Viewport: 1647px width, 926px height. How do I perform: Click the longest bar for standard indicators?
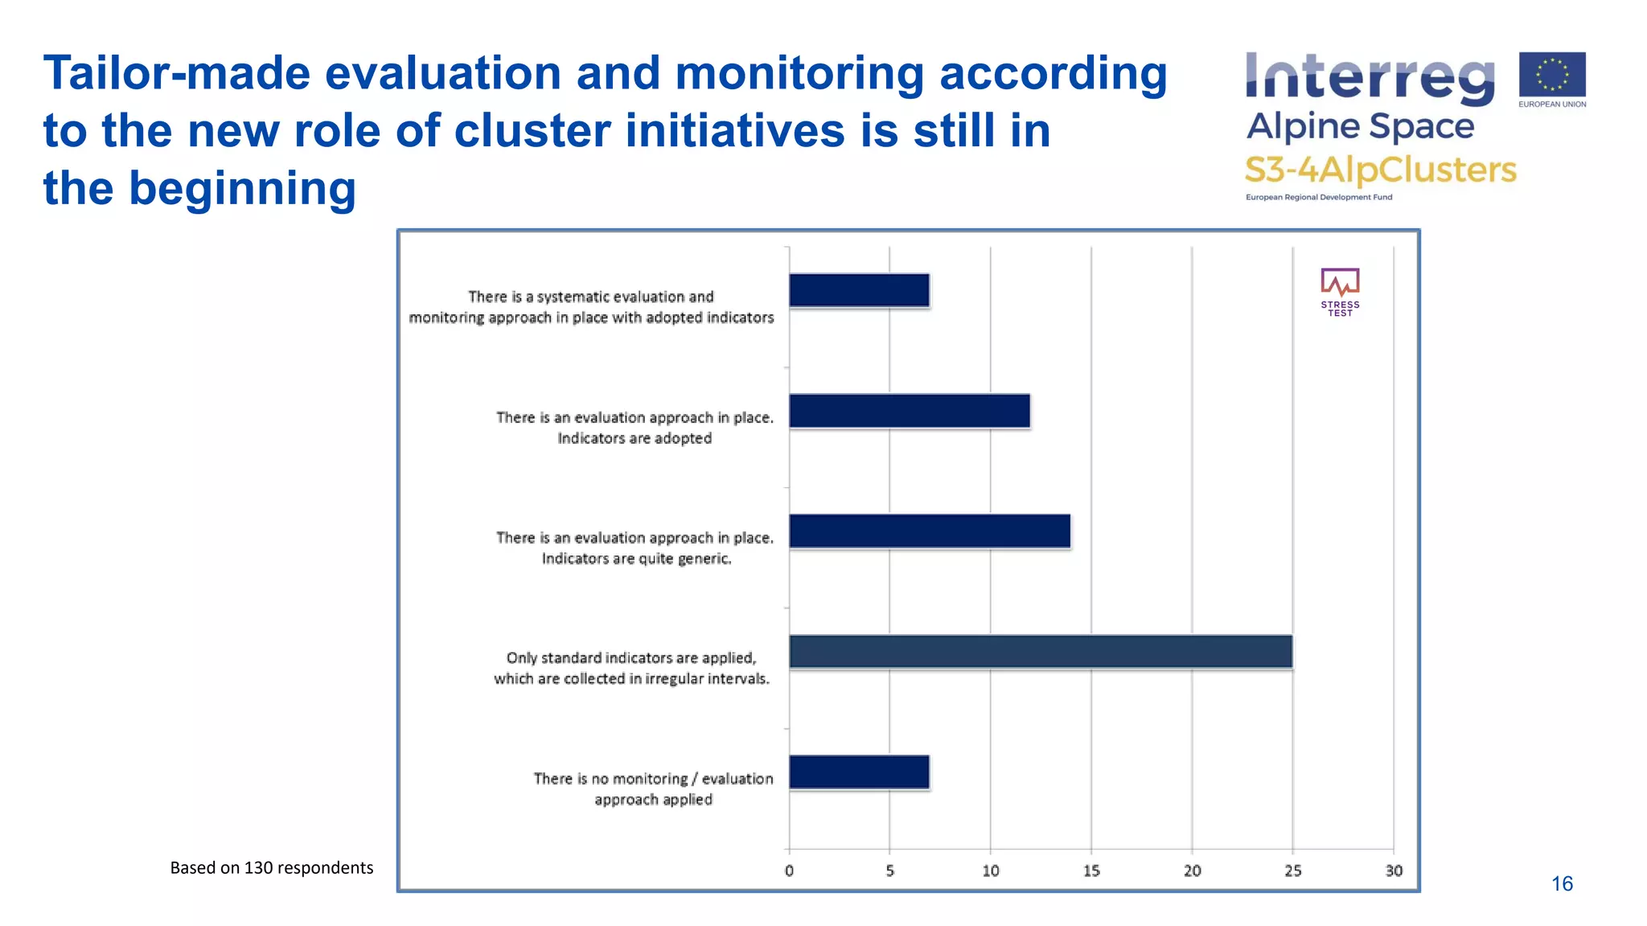point(1040,651)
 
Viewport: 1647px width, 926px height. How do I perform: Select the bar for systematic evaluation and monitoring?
point(859,290)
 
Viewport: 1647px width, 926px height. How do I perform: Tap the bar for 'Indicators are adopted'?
point(909,411)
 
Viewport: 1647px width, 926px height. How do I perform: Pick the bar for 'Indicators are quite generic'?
point(929,531)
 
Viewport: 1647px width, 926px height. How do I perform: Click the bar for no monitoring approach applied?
point(859,772)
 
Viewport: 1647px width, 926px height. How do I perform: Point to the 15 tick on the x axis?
point(1091,871)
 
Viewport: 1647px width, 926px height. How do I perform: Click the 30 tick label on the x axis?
point(1394,871)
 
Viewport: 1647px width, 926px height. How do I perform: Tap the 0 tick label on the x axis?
point(789,871)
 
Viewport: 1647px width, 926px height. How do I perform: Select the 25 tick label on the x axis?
point(1292,871)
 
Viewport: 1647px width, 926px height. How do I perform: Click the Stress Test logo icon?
point(1340,283)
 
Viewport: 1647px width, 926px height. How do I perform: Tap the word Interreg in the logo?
point(1369,78)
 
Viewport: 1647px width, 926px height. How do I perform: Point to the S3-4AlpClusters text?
point(1380,170)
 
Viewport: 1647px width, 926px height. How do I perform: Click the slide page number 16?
point(1562,884)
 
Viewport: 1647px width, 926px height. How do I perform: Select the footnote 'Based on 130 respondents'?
point(272,868)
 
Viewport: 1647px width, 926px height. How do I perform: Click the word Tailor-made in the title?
point(177,73)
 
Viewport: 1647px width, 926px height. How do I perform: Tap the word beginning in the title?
point(242,189)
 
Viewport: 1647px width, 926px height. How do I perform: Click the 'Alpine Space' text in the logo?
point(1360,127)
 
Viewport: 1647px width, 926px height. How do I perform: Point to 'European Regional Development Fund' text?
point(1319,197)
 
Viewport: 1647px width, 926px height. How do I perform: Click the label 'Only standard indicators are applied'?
point(631,658)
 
